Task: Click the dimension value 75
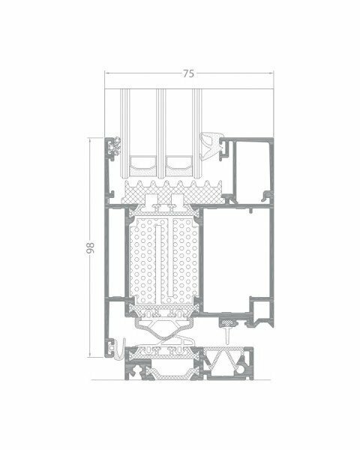tap(188, 73)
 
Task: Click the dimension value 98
tap(90, 247)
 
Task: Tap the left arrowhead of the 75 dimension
tap(108, 73)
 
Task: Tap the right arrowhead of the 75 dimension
tap(271, 73)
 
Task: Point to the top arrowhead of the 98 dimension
tap(90, 141)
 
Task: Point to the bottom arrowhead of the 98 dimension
tap(90, 355)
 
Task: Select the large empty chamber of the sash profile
tap(236, 259)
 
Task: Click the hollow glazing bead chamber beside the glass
tap(252, 171)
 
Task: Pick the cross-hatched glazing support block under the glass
tap(172, 192)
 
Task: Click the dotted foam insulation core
tap(164, 260)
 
